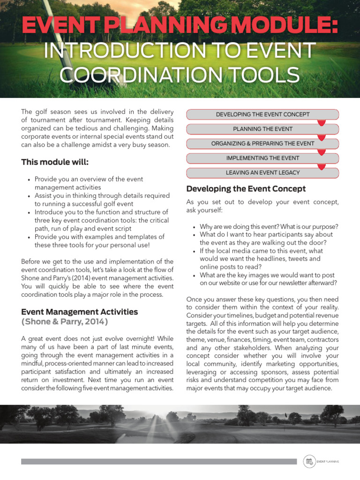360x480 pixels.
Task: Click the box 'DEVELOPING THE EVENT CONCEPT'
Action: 262,114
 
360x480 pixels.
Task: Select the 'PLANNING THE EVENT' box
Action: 262,129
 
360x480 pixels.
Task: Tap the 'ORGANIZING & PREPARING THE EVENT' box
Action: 262,143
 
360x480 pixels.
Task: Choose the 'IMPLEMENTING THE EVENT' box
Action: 262,158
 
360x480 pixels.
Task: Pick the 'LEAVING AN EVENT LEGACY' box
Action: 262,172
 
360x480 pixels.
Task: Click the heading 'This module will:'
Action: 55,162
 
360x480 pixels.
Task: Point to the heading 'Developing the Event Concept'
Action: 246,189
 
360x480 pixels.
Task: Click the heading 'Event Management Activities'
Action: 80,312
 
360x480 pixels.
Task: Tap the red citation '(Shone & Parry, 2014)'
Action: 65,322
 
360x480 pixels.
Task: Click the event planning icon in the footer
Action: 309,461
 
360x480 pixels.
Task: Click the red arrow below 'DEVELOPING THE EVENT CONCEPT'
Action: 321,122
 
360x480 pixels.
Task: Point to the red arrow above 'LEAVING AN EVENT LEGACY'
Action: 321,166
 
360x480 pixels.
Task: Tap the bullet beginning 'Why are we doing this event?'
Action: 269,226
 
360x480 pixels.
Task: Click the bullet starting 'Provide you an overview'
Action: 89,183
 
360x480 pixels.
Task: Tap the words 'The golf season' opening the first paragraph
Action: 44,112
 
